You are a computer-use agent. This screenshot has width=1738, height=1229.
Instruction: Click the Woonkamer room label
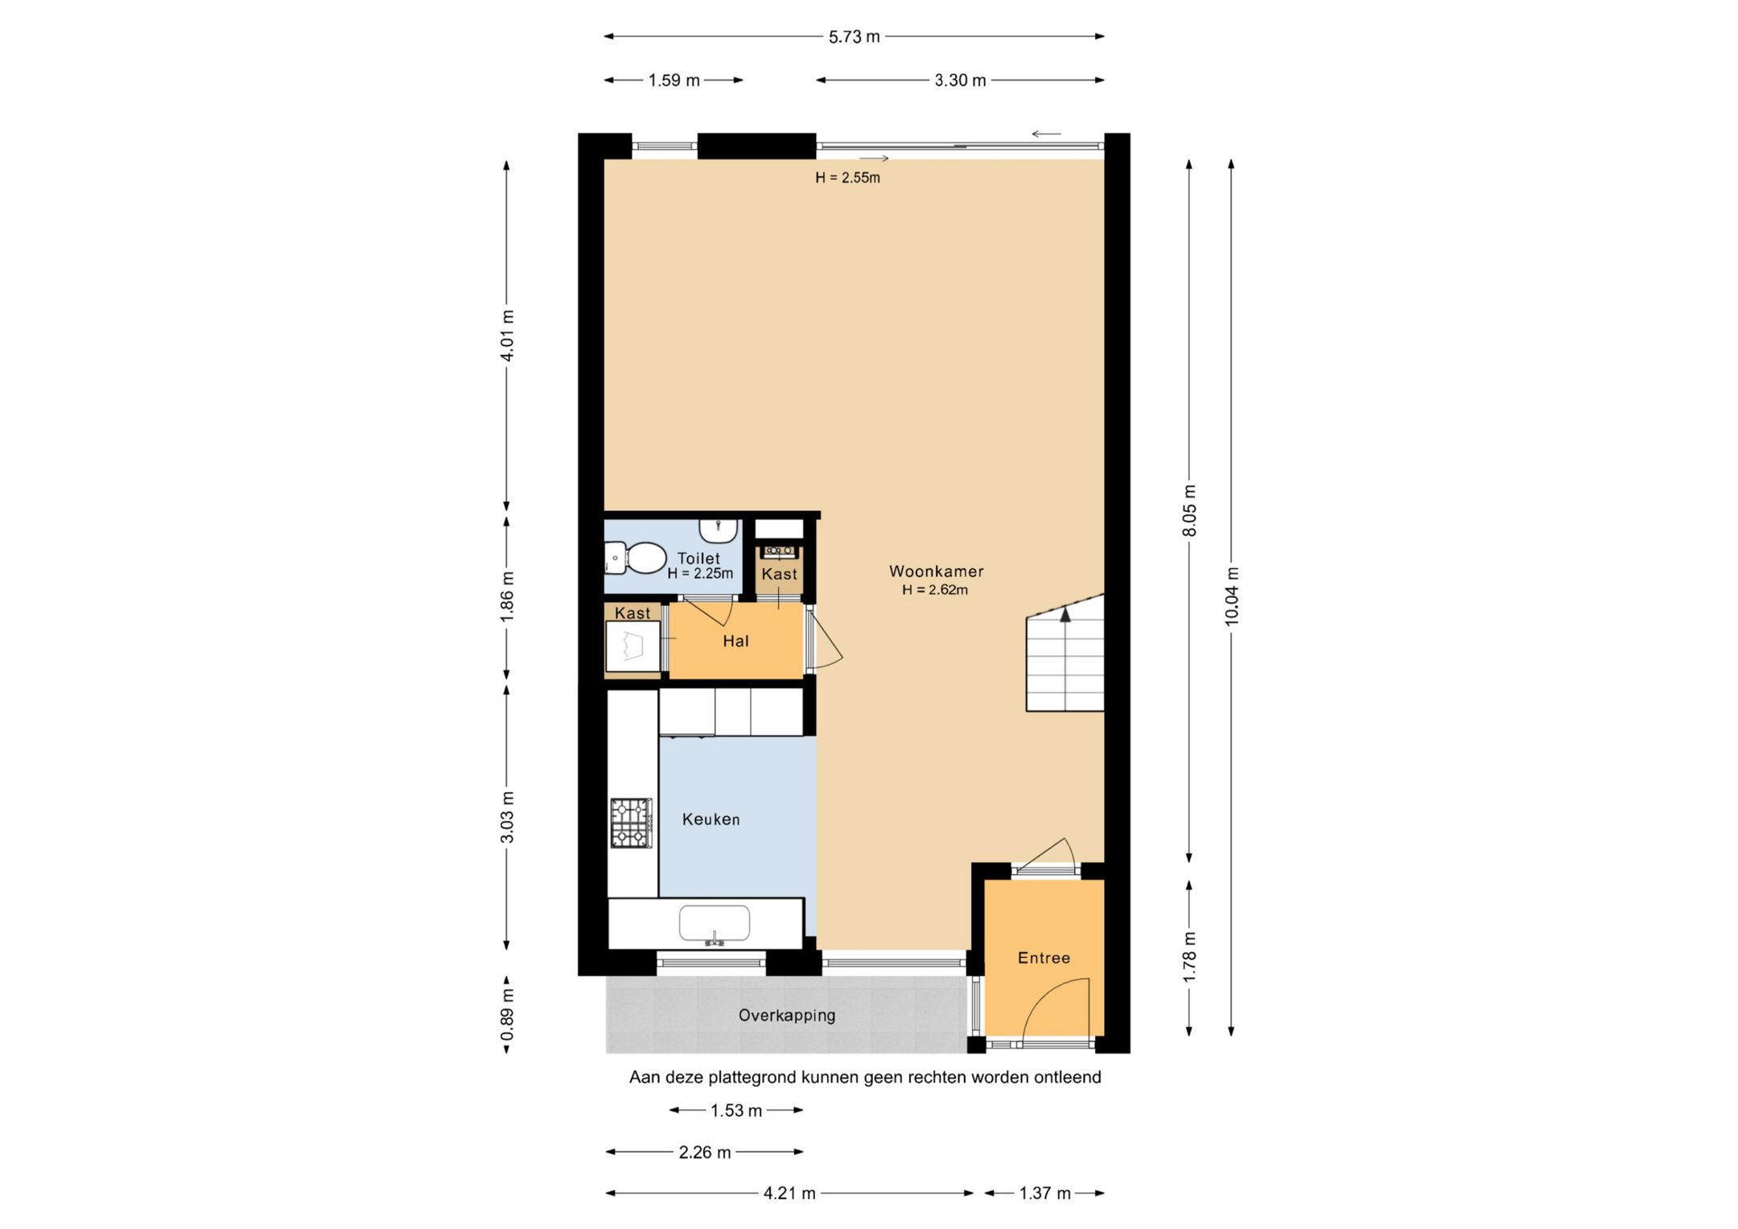[x=936, y=571]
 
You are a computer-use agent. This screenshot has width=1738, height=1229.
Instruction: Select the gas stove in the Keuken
[x=631, y=823]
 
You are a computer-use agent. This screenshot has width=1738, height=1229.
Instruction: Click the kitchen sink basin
[x=715, y=923]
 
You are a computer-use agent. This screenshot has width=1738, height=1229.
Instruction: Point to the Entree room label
[x=1044, y=958]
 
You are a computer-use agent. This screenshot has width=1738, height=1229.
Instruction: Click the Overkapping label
[x=787, y=1016]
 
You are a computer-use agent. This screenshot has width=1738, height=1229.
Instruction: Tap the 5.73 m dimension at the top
[x=855, y=37]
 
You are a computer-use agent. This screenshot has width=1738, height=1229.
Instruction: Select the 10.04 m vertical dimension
[x=1232, y=596]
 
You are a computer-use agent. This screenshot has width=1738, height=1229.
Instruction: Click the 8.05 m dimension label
[x=1190, y=510]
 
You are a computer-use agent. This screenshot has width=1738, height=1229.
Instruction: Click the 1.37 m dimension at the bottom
[x=1044, y=1194]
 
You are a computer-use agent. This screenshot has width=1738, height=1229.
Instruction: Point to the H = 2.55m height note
[x=847, y=178]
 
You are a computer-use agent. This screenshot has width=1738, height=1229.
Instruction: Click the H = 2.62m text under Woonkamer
[x=935, y=590]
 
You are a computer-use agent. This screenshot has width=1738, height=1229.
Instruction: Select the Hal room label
[x=735, y=641]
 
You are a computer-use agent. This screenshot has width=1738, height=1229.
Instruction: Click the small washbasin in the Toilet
[x=719, y=530]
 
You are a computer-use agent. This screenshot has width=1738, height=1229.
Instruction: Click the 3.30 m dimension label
[x=960, y=80]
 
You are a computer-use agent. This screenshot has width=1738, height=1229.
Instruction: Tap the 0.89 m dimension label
[x=507, y=1015]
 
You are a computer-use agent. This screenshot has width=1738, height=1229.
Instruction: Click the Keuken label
[x=710, y=819]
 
